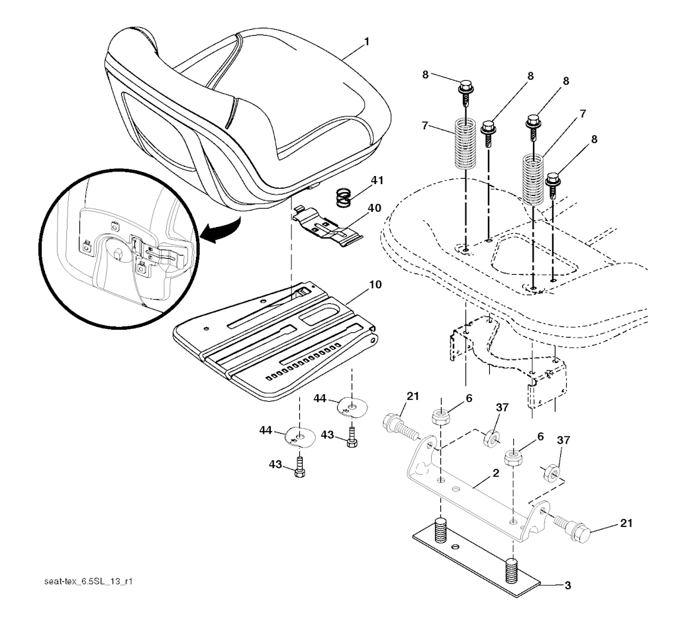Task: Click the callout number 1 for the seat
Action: pyautogui.click(x=367, y=42)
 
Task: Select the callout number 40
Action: pyautogui.click(x=375, y=208)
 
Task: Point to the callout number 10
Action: pyautogui.click(x=375, y=285)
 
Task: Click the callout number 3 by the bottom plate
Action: pyautogui.click(x=567, y=586)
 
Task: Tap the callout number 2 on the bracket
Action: pyautogui.click(x=495, y=473)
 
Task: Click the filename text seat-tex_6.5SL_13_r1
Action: pyautogui.click(x=88, y=581)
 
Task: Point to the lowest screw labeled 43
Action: pyautogui.click(x=299, y=467)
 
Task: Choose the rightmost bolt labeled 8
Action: pyautogui.click(x=554, y=185)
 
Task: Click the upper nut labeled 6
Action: pyautogui.click(x=440, y=416)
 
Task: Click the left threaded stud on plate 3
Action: pyautogui.click(x=440, y=530)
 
